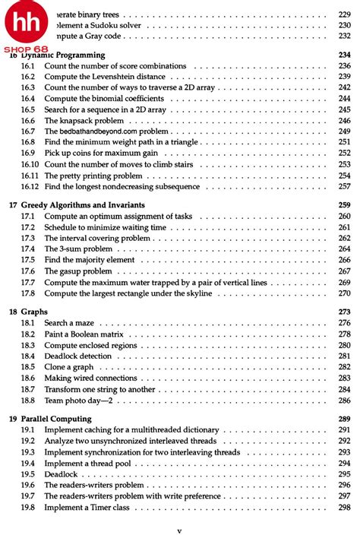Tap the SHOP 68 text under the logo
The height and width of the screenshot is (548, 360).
[x=28, y=49]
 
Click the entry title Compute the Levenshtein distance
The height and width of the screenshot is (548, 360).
[x=106, y=77]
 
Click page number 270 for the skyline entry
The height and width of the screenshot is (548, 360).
[x=343, y=293]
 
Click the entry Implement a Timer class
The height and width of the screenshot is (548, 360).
[x=92, y=507]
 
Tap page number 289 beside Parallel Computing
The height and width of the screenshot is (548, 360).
[x=343, y=419]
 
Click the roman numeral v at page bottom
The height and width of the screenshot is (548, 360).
[x=179, y=533]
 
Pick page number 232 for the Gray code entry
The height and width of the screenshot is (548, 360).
[x=343, y=36]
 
